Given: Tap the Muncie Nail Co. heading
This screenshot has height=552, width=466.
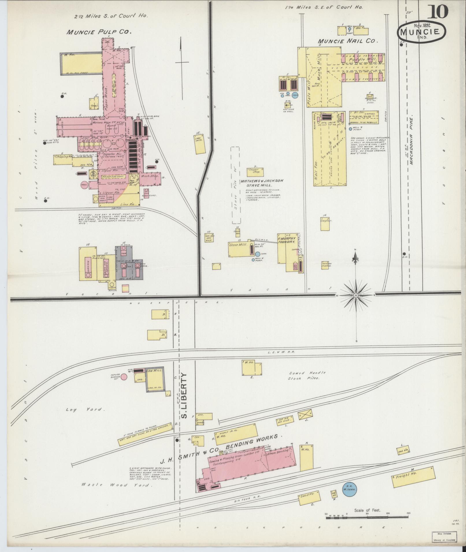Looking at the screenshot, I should (348, 41).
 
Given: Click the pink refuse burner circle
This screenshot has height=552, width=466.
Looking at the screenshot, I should (124, 377).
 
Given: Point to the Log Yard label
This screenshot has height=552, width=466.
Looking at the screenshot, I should (84, 409).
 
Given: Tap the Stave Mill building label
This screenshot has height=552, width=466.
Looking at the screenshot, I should (235, 245).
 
